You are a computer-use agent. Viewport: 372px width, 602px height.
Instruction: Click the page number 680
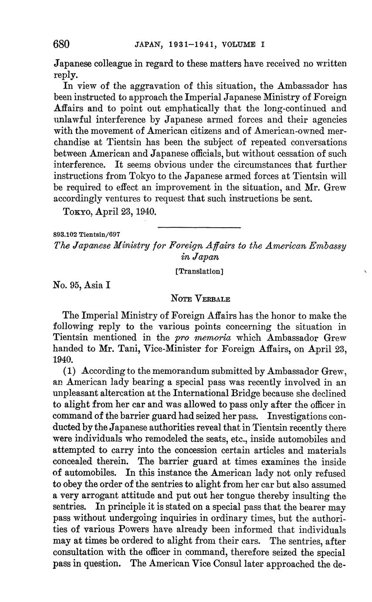click(61, 44)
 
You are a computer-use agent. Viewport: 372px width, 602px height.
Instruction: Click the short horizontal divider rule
click(199, 227)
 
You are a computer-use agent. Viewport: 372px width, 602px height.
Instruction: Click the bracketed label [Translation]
click(199, 271)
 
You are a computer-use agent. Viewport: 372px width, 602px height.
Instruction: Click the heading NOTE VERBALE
click(200, 299)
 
